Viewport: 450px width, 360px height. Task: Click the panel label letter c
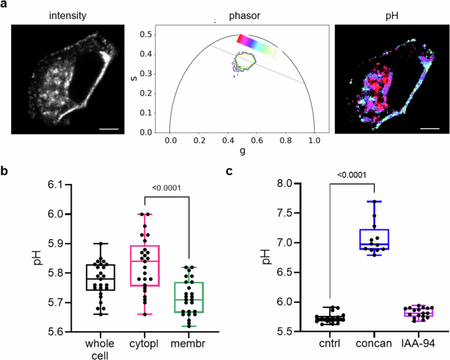(x=229, y=171)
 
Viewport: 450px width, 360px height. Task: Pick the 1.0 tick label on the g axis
(x=315, y=141)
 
